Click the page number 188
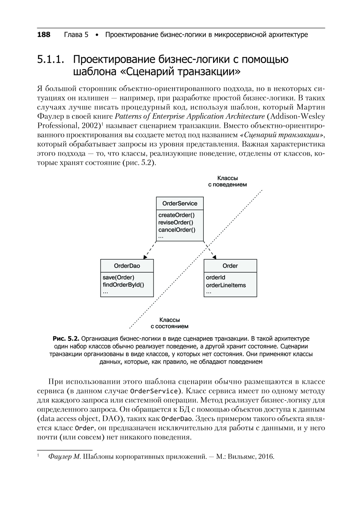pyautogui.click(x=44, y=35)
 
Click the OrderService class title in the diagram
pyautogui.click(x=180, y=204)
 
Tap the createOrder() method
pyautogui.click(x=176, y=215)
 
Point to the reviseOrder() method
pyautogui.click(x=176, y=222)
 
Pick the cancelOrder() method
pyautogui.click(x=177, y=230)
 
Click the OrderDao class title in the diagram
pyautogui.click(x=127, y=266)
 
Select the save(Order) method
pyautogui.click(x=118, y=277)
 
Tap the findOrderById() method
pyautogui.click(x=123, y=285)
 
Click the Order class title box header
pyautogui.click(x=230, y=266)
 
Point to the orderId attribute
pyautogui.click(x=216, y=277)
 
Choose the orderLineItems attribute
pyautogui.click(x=226, y=285)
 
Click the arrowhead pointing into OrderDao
pyautogui.click(x=145, y=257)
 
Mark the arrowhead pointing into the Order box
pyautogui.click(x=215, y=257)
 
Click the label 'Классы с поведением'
pyautogui.click(x=228, y=181)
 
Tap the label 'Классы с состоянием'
pyautogui.click(x=169, y=323)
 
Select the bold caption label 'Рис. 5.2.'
pyautogui.click(x=66, y=339)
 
